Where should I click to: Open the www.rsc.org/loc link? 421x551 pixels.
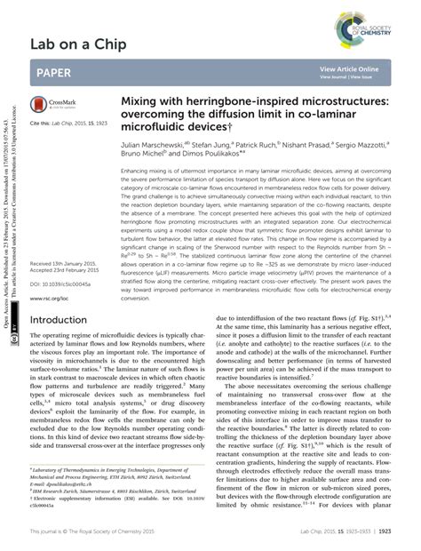[49, 299]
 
